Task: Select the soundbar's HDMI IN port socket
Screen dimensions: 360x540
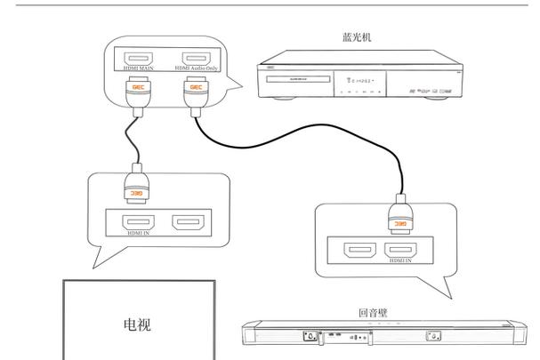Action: (399, 250)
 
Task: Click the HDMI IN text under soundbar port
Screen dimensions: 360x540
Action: (399, 262)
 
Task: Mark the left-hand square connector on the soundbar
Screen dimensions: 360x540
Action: (308, 336)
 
